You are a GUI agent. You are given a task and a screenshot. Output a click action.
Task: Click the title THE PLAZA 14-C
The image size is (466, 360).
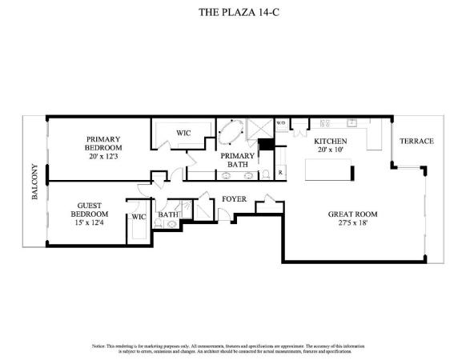pos(232,13)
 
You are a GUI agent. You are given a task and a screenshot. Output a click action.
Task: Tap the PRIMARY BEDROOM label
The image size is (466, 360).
pos(104,143)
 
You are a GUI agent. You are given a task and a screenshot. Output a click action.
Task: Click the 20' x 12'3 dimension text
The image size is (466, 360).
pos(104,157)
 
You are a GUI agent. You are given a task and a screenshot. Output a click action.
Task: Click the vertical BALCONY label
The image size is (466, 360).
pos(34,182)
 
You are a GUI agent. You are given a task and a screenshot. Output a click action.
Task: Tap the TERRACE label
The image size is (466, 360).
pos(416,142)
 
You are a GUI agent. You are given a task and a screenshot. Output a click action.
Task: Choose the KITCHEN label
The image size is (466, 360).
pos(328,141)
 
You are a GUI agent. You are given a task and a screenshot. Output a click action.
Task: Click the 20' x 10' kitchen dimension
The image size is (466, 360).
pos(328,150)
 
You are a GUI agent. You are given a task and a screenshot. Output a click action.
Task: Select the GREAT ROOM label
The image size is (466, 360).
pos(352,214)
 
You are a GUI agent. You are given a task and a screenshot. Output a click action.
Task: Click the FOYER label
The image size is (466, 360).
pos(234,198)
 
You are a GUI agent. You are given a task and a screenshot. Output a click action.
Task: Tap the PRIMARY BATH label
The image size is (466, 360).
pos(238,160)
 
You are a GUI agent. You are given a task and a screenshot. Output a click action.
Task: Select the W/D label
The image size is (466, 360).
pos(281,123)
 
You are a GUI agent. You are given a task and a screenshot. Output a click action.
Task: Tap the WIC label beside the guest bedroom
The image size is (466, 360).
pos(138,216)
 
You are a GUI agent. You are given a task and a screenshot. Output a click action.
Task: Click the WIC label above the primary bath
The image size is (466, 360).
pos(183,132)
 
